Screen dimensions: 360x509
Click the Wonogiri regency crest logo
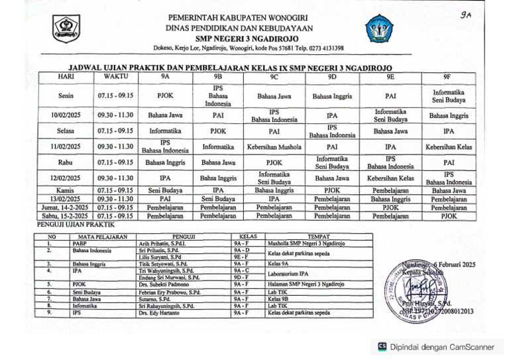point(66,29)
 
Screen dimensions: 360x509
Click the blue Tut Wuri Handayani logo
point(379,29)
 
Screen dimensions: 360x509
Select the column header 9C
point(274,76)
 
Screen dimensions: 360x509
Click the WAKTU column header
point(115,76)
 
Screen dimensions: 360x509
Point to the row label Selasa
point(66,131)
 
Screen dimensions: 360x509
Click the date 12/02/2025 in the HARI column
point(66,178)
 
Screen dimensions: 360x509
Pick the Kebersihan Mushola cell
point(274,147)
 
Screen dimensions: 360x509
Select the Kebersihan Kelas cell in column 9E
point(391,178)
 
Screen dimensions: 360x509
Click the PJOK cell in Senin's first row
point(165,95)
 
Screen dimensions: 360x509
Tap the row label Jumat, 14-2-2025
point(66,207)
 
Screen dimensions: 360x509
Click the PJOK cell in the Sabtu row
point(449,215)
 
